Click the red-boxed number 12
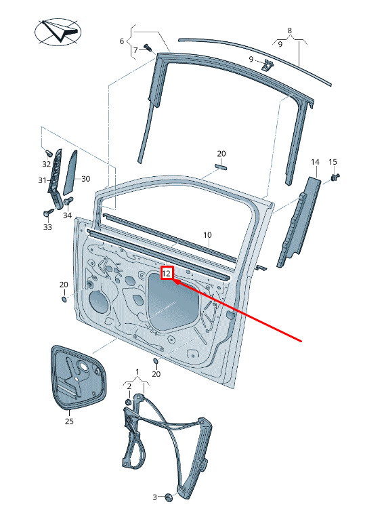coord(167,273)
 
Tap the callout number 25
coord(69,421)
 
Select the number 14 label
coord(315,162)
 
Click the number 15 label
coord(333,162)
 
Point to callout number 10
coord(207,235)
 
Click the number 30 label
coord(86,179)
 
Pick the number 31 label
coord(42,180)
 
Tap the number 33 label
coord(47,227)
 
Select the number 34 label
coord(67,216)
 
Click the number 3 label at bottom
coord(154,497)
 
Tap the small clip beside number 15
coord(335,177)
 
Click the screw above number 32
coord(48,152)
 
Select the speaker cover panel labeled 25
coord(79,377)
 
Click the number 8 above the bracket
coord(289,30)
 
